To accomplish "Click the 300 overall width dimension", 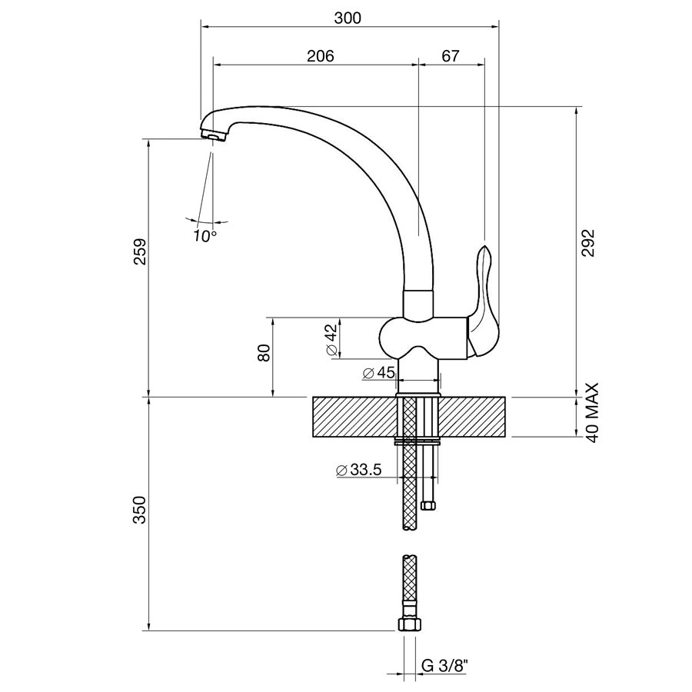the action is [348, 18].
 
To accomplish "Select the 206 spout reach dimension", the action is [321, 56].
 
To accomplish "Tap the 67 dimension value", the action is [450, 56].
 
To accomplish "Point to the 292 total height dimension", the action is [588, 243].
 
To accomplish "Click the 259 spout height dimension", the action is [140, 251].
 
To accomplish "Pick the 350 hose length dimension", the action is [140, 510].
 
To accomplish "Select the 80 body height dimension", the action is [264, 353].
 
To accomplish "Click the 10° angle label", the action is [205, 236].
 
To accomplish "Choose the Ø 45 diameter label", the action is [378, 373].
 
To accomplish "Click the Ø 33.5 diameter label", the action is [358, 470].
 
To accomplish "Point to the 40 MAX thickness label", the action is [591, 413].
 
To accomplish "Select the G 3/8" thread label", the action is [443, 666].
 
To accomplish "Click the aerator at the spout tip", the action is [213, 135].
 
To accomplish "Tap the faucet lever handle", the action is [484, 300].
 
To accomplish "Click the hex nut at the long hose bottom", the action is [410, 624].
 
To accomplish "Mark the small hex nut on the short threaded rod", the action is [428, 505].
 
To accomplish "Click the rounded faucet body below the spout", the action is [423, 338].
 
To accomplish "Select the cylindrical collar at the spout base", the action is [419, 304].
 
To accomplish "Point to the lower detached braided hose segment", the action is [410, 586].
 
